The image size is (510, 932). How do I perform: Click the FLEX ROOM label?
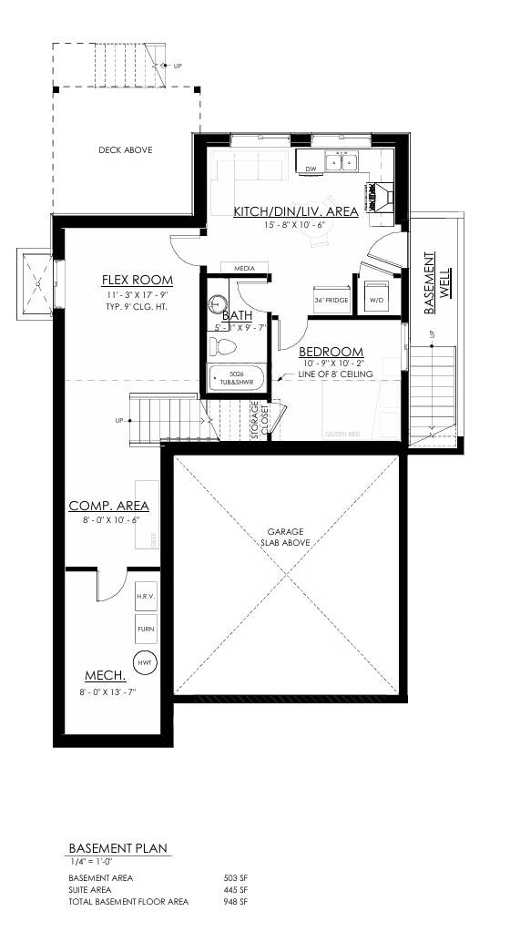tap(137, 280)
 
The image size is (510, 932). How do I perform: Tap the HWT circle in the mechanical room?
tap(144, 662)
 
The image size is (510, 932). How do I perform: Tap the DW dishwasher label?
tap(311, 169)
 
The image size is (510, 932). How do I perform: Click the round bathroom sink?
tap(218, 304)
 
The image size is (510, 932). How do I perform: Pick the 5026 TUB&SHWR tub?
tap(237, 377)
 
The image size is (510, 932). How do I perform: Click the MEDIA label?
tap(244, 269)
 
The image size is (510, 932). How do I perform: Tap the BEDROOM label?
tap(331, 352)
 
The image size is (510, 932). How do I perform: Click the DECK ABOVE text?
tap(126, 150)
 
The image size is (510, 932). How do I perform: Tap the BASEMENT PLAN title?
tap(118, 848)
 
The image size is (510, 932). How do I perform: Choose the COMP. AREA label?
tap(108, 506)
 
